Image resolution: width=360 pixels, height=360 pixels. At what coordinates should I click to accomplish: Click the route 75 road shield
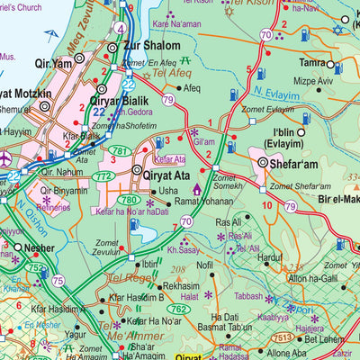click(58, 280)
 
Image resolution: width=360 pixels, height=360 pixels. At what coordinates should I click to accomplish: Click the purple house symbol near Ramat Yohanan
click(197, 188)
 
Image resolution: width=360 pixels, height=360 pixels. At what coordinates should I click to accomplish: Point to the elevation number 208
click(179, 268)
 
